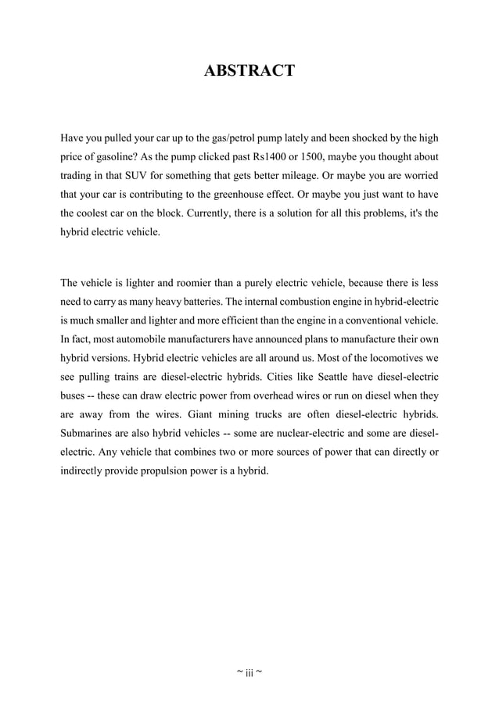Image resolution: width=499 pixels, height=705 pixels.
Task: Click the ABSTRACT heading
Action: pos(249,71)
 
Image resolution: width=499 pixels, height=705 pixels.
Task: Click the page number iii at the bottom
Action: pos(249,672)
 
